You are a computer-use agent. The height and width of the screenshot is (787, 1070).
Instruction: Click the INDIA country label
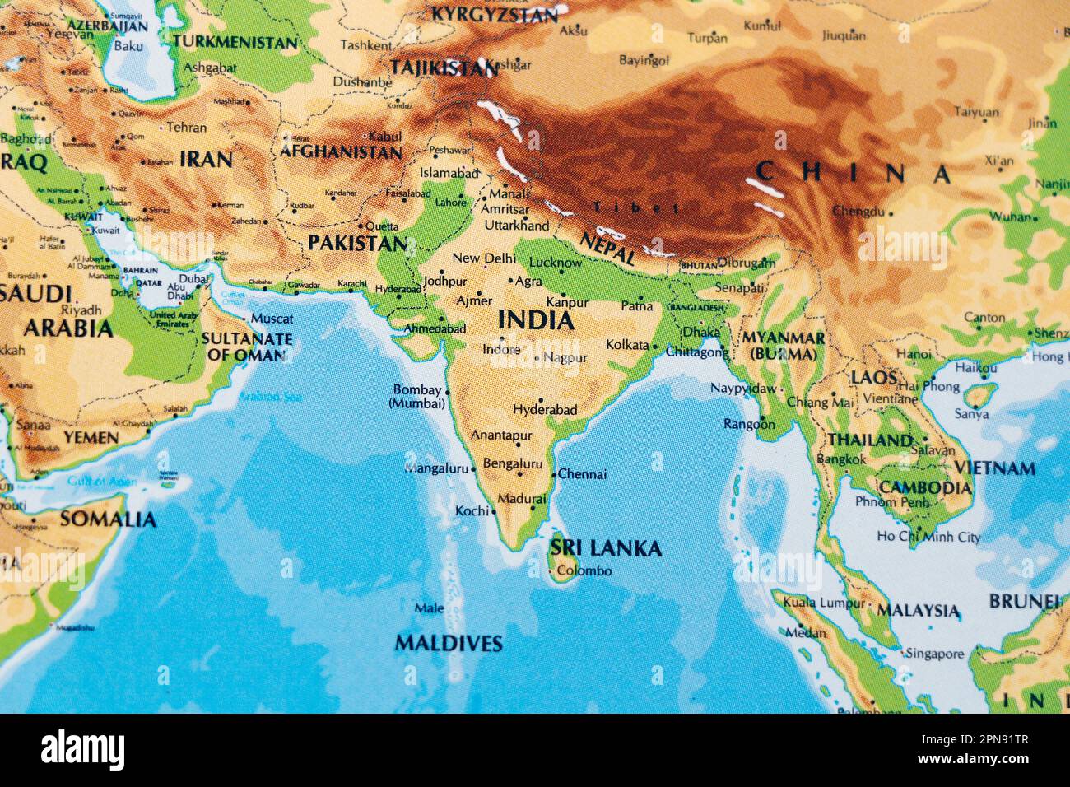pos(536,320)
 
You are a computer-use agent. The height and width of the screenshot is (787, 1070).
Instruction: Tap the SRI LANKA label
pos(606,548)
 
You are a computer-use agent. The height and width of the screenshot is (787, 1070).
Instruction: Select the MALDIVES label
pos(449,643)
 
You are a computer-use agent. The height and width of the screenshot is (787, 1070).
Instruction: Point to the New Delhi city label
pos(484,258)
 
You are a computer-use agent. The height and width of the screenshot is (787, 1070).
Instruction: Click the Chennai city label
pos(582,474)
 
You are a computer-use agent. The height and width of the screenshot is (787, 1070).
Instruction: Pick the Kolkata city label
pos(627,345)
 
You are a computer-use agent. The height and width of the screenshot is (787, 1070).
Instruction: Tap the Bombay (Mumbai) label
pos(418,397)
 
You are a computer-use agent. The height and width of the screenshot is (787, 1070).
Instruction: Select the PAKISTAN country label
pos(357,243)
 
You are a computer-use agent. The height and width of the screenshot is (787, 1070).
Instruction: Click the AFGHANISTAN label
pos(341,152)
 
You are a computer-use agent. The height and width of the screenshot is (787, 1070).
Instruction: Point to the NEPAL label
pos(607,246)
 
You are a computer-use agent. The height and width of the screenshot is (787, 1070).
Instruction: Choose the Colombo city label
pos(584,570)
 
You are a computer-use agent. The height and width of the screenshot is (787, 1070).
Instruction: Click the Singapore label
pos(934,654)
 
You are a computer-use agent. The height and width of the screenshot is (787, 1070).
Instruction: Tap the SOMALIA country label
pos(108,519)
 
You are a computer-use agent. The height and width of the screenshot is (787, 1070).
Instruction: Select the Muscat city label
pos(272,319)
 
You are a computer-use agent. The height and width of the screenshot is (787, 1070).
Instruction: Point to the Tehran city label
pos(186,128)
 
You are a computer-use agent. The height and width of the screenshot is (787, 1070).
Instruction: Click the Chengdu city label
pos(858,212)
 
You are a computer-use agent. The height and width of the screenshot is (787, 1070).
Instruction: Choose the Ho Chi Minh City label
pos(928,537)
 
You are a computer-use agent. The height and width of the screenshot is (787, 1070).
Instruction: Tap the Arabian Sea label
pos(269,397)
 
